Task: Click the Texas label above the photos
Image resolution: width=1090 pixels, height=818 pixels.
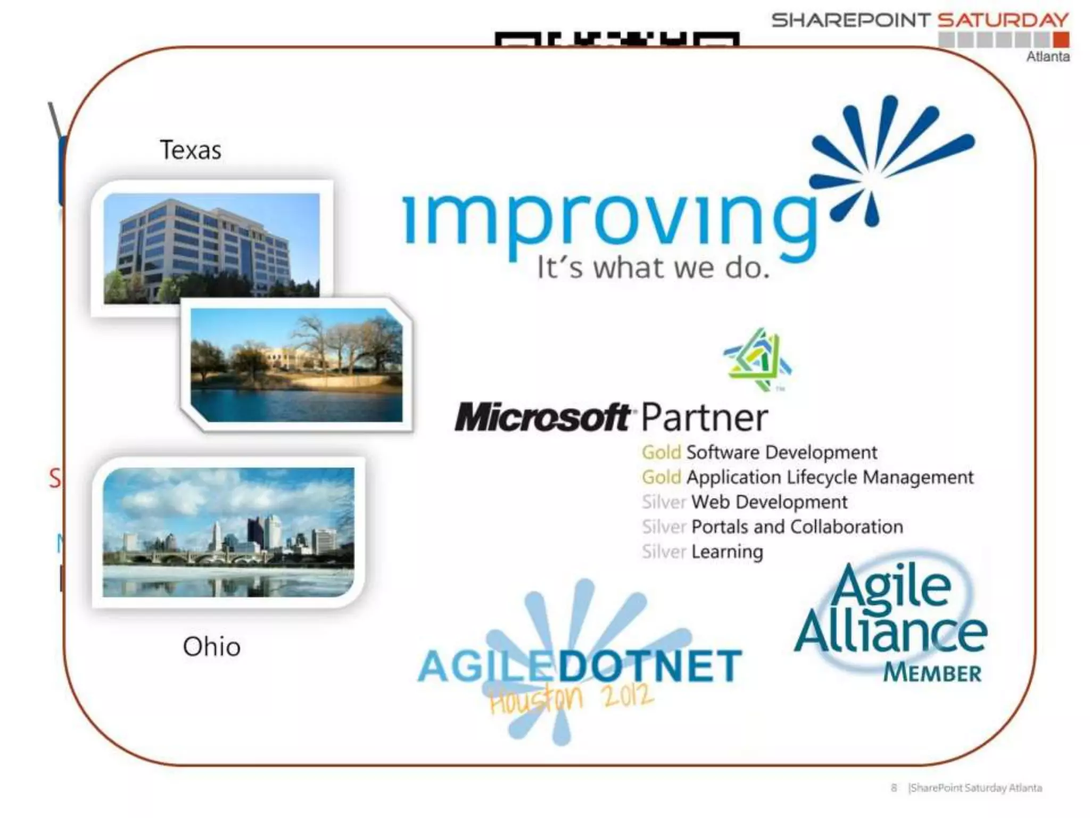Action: click(x=191, y=150)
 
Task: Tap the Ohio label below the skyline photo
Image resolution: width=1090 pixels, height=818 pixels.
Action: click(x=211, y=647)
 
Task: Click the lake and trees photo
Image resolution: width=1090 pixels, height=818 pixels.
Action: click(x=296, y=365)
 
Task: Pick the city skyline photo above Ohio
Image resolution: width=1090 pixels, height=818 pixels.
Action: click(x=228, y=532)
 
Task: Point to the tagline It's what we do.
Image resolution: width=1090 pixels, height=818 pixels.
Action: click(x=653, y=268)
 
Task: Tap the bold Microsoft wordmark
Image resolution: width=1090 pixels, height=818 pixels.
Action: click(x=543, y=418)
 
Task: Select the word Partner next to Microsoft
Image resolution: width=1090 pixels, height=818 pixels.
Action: click(x=704, y=418)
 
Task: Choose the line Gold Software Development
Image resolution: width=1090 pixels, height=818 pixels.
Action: click(x=759, y=453)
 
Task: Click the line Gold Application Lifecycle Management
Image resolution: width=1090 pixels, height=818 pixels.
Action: click(x=807, y=477)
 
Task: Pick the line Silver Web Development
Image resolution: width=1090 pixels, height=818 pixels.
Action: click(x=744, y=502)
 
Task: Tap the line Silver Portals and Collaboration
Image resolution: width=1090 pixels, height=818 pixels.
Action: click(x=772, y=527)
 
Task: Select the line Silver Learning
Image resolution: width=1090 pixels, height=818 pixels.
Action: click(x=702, y=552)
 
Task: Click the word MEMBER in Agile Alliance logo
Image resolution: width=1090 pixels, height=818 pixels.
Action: click(x=932, y=673)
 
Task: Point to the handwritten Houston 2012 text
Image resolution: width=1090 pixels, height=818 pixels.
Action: click(x=571, y=698)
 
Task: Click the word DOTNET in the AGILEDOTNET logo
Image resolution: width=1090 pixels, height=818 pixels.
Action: click(x=649, y=666)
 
